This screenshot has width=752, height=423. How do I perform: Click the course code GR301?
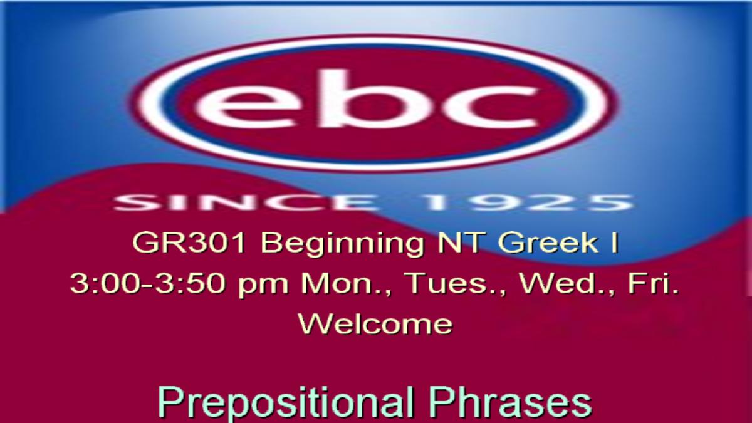190,243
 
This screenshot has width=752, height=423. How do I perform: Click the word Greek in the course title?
548,243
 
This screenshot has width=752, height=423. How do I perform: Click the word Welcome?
375,323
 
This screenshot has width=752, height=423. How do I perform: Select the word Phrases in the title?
511,401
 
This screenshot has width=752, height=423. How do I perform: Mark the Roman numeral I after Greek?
614,243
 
